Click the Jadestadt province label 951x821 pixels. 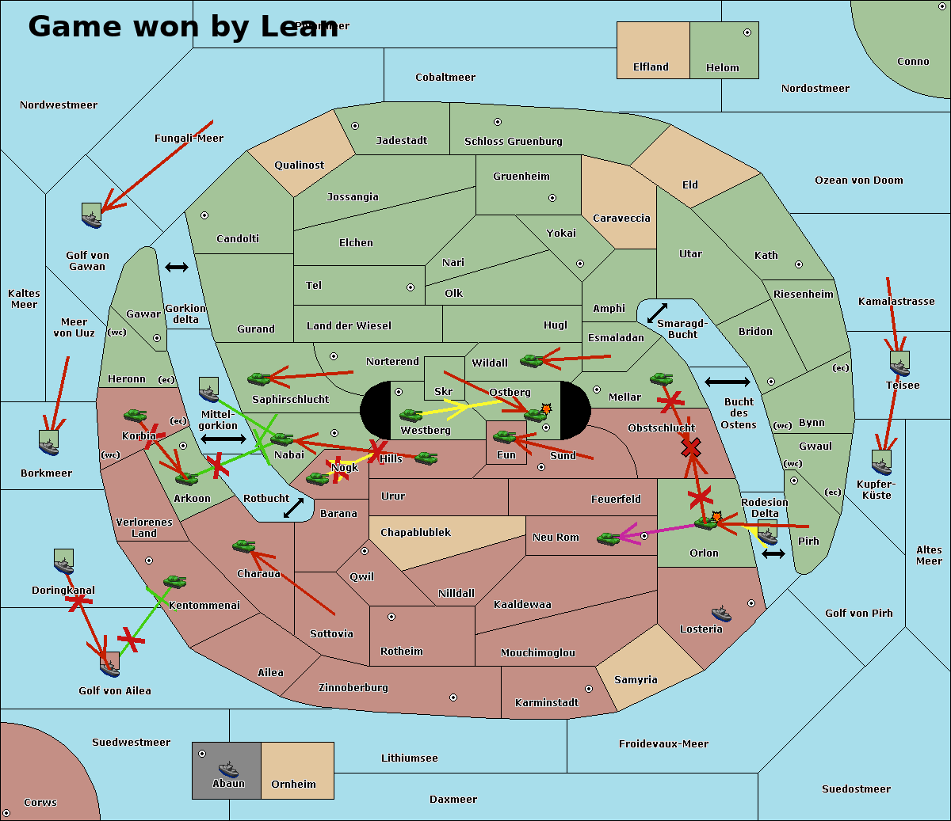click(x=401, y=140)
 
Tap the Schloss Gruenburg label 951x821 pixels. click(x=513, y=142)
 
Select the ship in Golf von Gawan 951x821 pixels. click(x=92, y=215)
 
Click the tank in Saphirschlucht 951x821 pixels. click(x=259, y=379)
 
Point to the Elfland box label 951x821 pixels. click(x=651, y=67)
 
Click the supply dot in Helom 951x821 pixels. click(x=747, y=32)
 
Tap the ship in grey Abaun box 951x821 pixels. click(x=228, y=769)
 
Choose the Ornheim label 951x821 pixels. click(x=293, y=785)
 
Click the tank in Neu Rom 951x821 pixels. click(x=608, y=539)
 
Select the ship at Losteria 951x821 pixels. click(x=721, y=613)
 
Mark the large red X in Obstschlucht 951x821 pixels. click(x=691, y=449)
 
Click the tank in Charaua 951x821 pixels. click(x=243, y=545)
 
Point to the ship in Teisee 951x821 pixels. click(x=899, y=364)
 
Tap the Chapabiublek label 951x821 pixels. click(x=415, y=533)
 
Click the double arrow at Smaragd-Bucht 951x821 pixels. click(x=657, y=314)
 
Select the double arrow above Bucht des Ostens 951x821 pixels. click(x=727, y=382)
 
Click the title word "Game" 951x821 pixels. click(x=76, y=26)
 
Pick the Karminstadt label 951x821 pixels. click(x=547, y=703)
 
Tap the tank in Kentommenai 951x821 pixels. click(x=174, y=582)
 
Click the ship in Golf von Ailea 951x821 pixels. click(x=110, y=665)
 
